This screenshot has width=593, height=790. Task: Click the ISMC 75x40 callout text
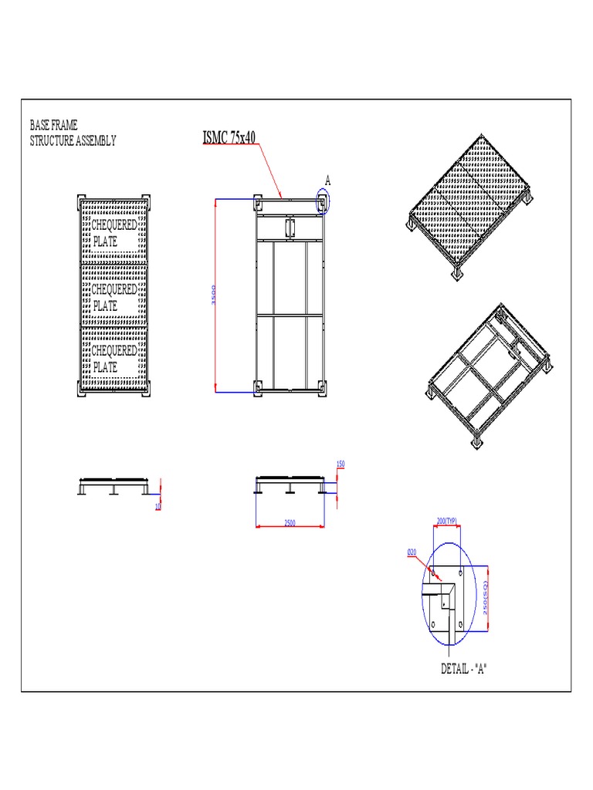[x=229, y=137]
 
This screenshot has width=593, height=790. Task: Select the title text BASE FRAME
[x=53, y=125]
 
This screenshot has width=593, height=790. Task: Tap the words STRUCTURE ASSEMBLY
[x=73, y=140]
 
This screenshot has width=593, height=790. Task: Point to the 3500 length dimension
[x=212, y=295]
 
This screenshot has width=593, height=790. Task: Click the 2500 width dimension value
[x=290, y=523]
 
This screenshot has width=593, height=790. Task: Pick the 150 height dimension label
[x=341, y=464]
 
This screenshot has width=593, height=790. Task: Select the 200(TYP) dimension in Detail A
[x=447, y=522]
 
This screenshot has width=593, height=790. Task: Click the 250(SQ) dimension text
[x=486, y=599]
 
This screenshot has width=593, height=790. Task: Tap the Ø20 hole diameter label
[x=412, y=552]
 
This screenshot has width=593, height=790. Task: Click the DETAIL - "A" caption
[x=464, y=669]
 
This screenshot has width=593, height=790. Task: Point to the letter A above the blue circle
[x=327, y=180]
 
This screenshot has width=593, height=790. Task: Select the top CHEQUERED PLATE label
[x=114, y=233]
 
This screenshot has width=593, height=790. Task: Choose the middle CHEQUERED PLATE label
[x=114, y=297]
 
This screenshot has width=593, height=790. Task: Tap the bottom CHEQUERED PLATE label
[x=114, y=359]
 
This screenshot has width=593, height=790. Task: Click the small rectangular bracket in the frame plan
[x=290, y=226]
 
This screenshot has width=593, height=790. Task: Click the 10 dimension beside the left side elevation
[x=158, y=506]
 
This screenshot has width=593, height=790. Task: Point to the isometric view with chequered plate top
[x=469, y=208]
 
